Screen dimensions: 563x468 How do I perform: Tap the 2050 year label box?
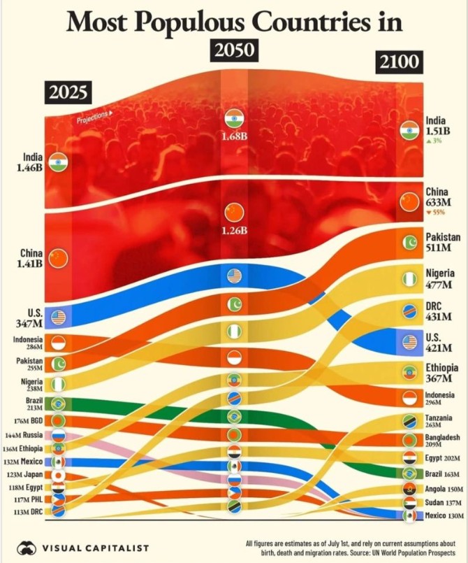(233, 50)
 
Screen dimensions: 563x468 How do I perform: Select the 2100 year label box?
(401, 63)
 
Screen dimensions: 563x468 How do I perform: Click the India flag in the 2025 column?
(57, 162)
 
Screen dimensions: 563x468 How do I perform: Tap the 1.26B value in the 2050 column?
(235, 230)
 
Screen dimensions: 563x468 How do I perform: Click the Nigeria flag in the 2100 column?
(408, 278)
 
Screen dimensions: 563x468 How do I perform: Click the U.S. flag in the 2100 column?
(408, 342)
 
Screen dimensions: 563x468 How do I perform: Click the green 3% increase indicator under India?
(434, 141)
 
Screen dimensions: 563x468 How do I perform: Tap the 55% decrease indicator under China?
(434, 213)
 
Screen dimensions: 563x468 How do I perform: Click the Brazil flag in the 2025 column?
(59, 404)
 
